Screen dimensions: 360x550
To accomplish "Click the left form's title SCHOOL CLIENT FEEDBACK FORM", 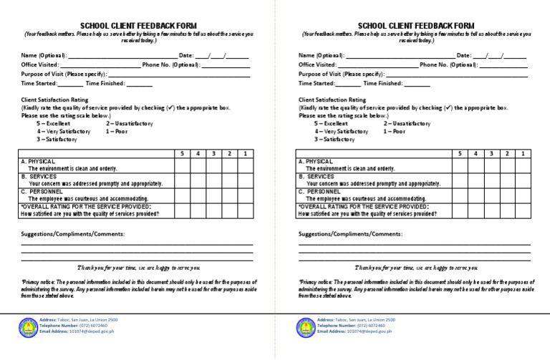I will click(137, 24).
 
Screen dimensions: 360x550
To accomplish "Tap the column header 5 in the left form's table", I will click(182, 154).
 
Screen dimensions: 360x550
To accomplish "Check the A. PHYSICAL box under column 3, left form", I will click(213, 165).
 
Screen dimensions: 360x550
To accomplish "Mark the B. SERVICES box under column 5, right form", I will click(460, 180).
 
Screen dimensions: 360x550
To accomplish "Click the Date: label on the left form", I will click(186, 55).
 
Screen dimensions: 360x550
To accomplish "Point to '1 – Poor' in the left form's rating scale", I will click(118, 132).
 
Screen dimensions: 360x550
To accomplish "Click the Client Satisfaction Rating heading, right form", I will click(332, 100).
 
